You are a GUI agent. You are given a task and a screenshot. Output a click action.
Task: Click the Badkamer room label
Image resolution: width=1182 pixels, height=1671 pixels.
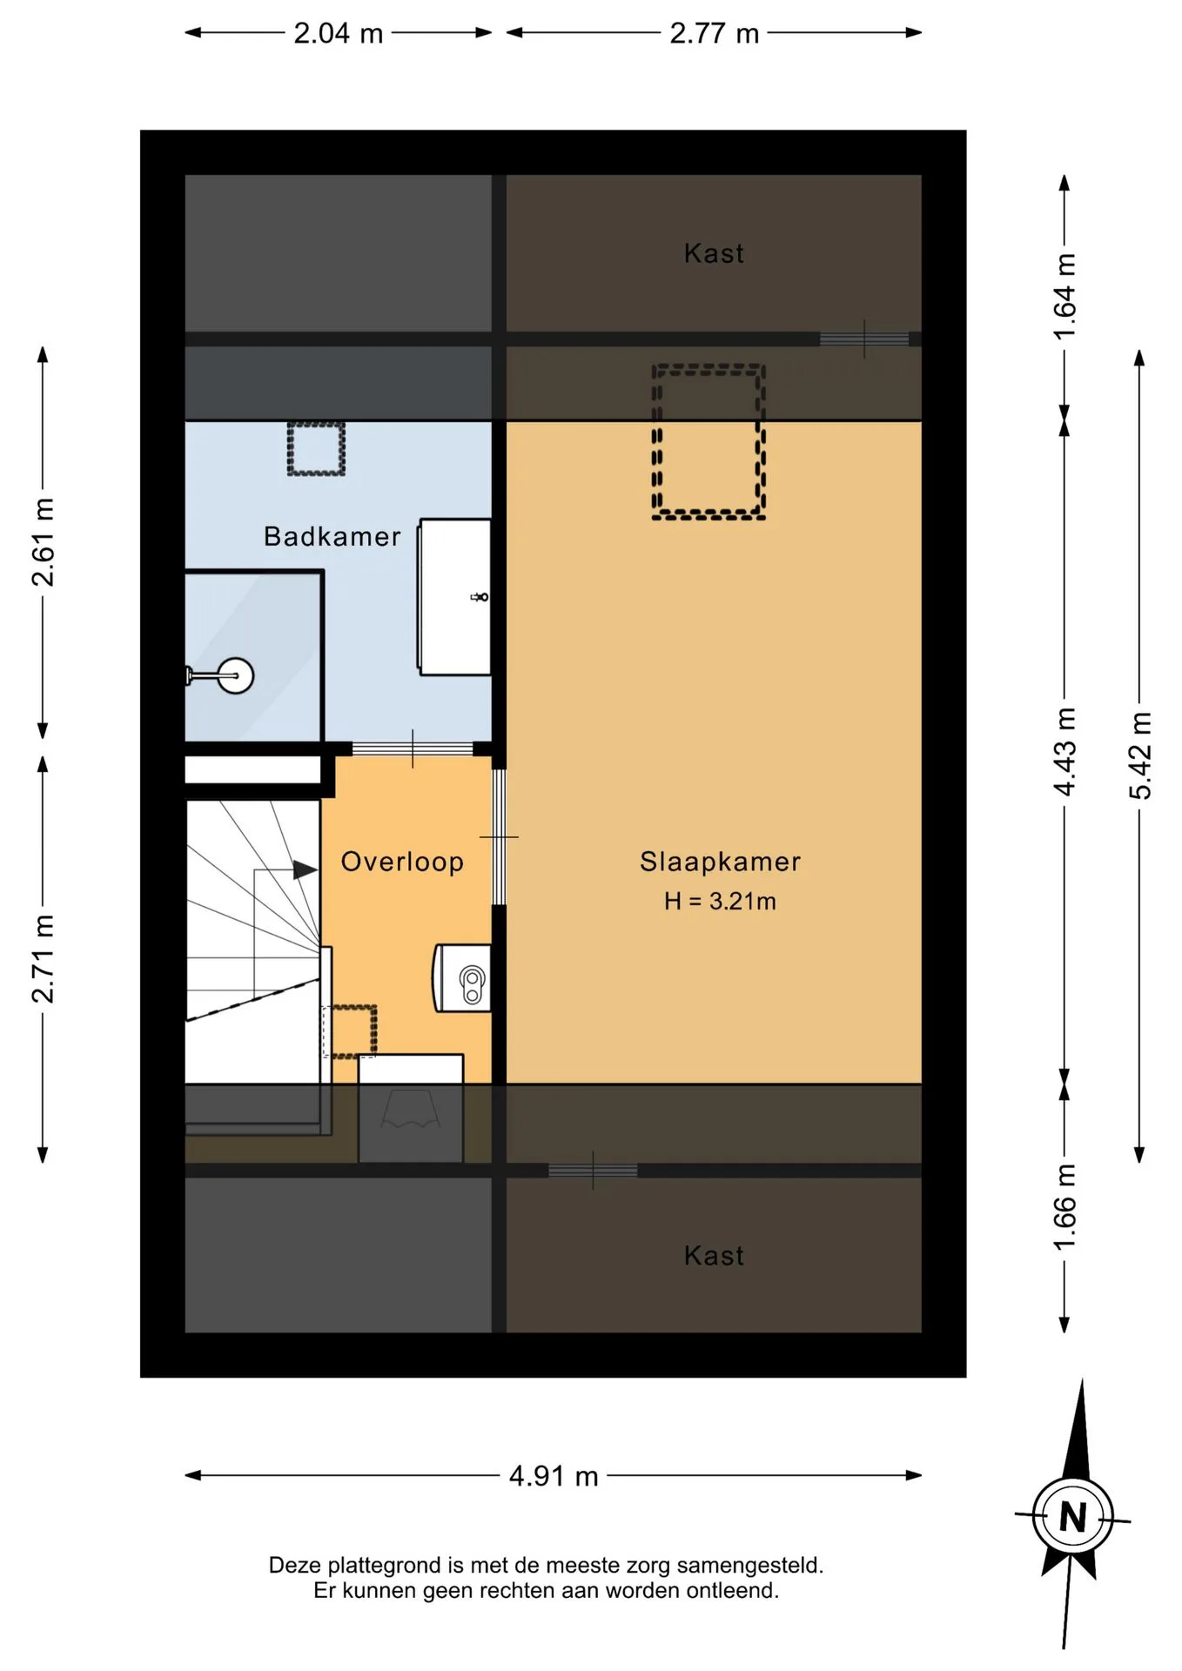click(x=332, y=536)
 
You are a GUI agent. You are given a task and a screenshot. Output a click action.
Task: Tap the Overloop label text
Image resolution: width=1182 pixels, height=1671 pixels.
click(x=402, y=862)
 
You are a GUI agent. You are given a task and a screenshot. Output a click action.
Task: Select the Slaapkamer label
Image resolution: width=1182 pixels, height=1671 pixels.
click(x=720, y=862)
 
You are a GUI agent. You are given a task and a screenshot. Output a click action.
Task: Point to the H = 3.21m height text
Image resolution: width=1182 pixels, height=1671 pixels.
click(x=720, y=901)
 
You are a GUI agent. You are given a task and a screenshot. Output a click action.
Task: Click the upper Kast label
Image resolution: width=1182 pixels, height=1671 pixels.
click(x=714, y=253)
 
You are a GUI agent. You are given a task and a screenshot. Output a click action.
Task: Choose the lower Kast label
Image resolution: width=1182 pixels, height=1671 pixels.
click(x=714, y=1255)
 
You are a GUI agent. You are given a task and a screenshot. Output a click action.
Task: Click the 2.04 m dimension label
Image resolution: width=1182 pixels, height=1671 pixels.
click(x=338, y=33)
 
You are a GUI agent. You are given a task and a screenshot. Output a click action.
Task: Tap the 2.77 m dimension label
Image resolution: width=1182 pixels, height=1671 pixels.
click(x=714, y=33)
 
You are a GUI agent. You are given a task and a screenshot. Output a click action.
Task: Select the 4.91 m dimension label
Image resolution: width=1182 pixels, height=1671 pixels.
click(x=554, y=1476)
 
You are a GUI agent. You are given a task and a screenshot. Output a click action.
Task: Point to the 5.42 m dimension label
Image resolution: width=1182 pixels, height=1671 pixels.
click(x=1140, y=755)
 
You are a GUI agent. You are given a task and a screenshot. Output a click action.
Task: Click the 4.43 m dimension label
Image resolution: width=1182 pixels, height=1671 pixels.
click(x=1064, y=752)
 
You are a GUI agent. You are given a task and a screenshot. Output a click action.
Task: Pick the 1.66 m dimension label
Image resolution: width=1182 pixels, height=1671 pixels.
click(x=1064, y=1208)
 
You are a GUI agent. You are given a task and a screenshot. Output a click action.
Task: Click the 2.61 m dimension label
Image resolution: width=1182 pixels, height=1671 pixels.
click(x=43, y=542)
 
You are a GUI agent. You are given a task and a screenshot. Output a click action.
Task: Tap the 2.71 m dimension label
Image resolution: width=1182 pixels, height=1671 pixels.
click(x=43, y=958)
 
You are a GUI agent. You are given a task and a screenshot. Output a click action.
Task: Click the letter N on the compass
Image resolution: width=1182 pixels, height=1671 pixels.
click(x=1073, y=1519)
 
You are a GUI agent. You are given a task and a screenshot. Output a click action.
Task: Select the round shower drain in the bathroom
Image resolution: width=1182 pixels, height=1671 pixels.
click(x=235, y=675)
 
